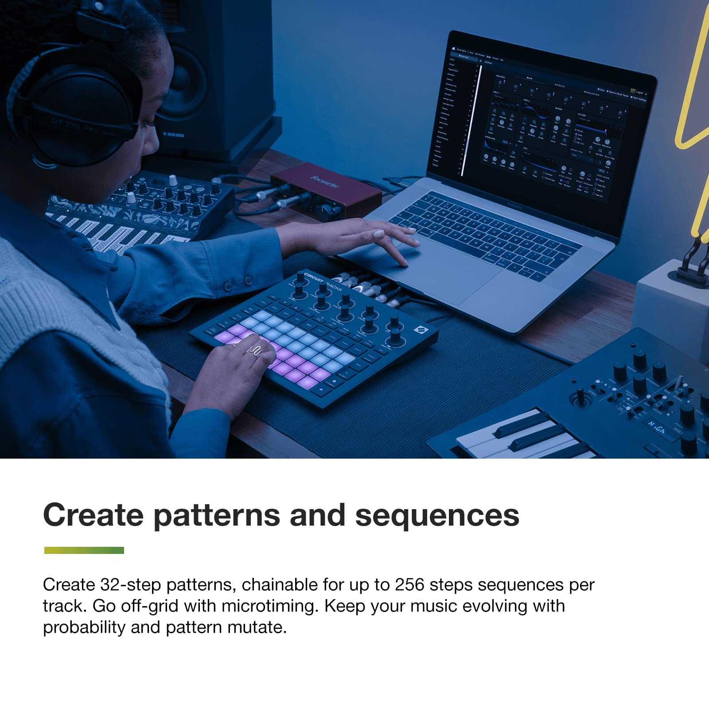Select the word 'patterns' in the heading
click(217, 515)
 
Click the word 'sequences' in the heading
click(437, 515)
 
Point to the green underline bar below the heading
click(84, 550)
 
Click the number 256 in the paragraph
click(409, 585)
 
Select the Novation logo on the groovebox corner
click(419, 330)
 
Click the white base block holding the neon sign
click(669, 306)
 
